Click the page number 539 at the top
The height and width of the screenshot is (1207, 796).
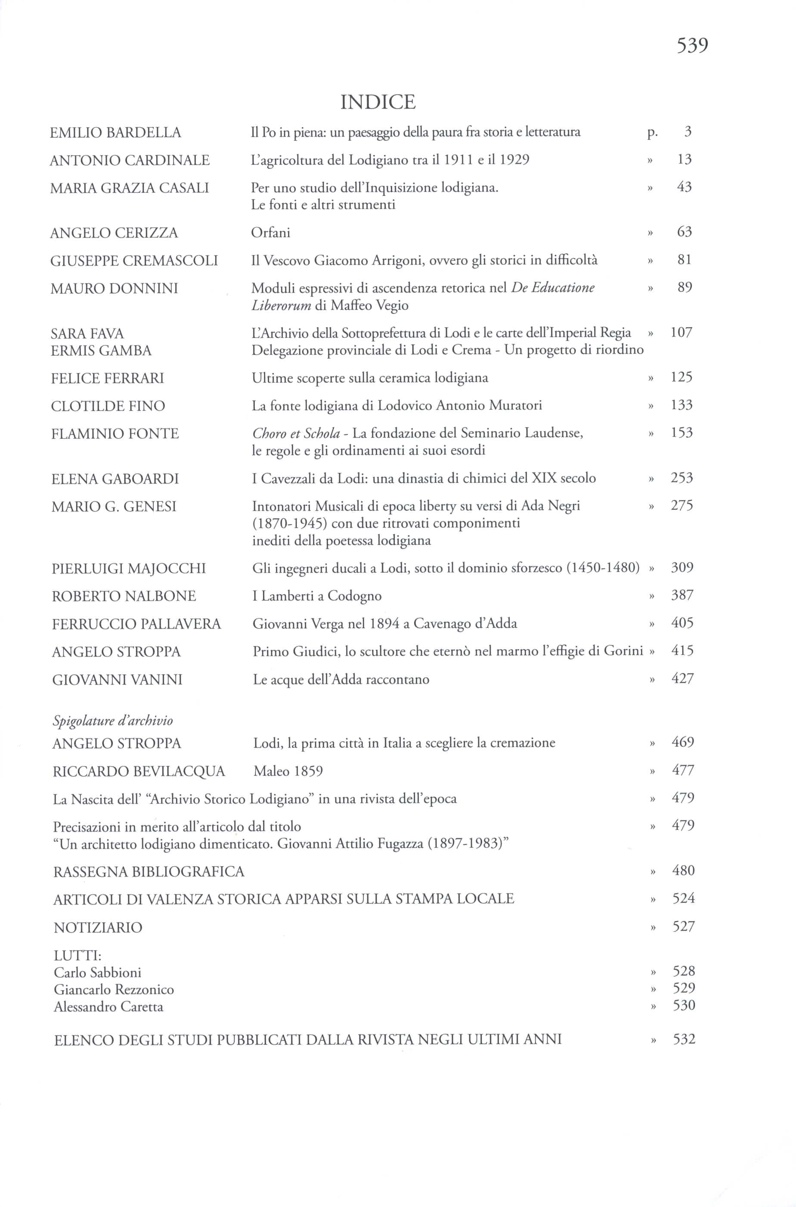(692, 46)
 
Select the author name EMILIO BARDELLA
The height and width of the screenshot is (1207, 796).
(115, 133)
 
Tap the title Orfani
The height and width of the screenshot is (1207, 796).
(271, 233)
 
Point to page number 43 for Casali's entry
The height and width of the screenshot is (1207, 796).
(684, 187)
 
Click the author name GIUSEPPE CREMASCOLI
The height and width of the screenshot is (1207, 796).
(134, 261)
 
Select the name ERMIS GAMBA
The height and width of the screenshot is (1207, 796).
(101, 351)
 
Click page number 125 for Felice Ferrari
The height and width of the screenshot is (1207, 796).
(681, 377)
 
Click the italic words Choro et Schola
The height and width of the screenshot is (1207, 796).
(296, 433)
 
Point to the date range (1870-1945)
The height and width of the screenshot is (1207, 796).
(289, 523)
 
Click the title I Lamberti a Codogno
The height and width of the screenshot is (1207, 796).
(317, 596)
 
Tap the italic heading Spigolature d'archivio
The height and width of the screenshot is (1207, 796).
(113, 720)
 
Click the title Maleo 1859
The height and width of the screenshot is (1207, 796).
(288, 771)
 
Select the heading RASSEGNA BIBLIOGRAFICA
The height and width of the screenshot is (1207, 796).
(149, 872)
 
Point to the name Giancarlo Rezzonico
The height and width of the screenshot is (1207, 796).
(114, 989)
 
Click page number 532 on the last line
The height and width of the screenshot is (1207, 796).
(684, 1040)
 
